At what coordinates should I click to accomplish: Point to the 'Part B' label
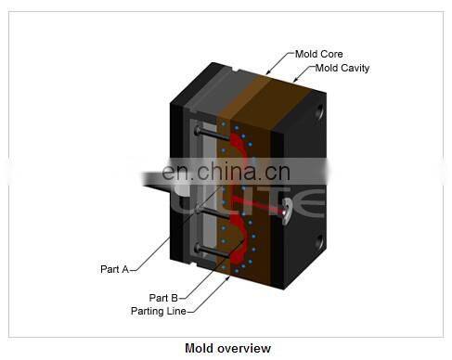[x=162, y=298]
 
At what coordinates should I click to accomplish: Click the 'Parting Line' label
[x=159, y=311]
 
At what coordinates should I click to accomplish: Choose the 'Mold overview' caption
[x=227, y=349]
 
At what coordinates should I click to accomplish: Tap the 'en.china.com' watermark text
[x=225, y=172]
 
